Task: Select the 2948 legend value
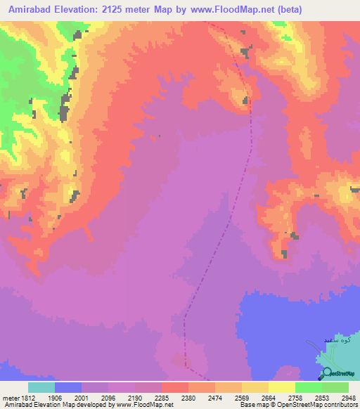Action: (x=348, y=397)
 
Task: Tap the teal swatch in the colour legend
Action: (x=41, y=387)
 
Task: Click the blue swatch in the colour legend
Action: (x=68, y=387)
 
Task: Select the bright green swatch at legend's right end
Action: (x=335, y=387)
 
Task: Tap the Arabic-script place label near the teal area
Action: (x=336, y=340)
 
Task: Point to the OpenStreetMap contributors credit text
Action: (x=297, y=405)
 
